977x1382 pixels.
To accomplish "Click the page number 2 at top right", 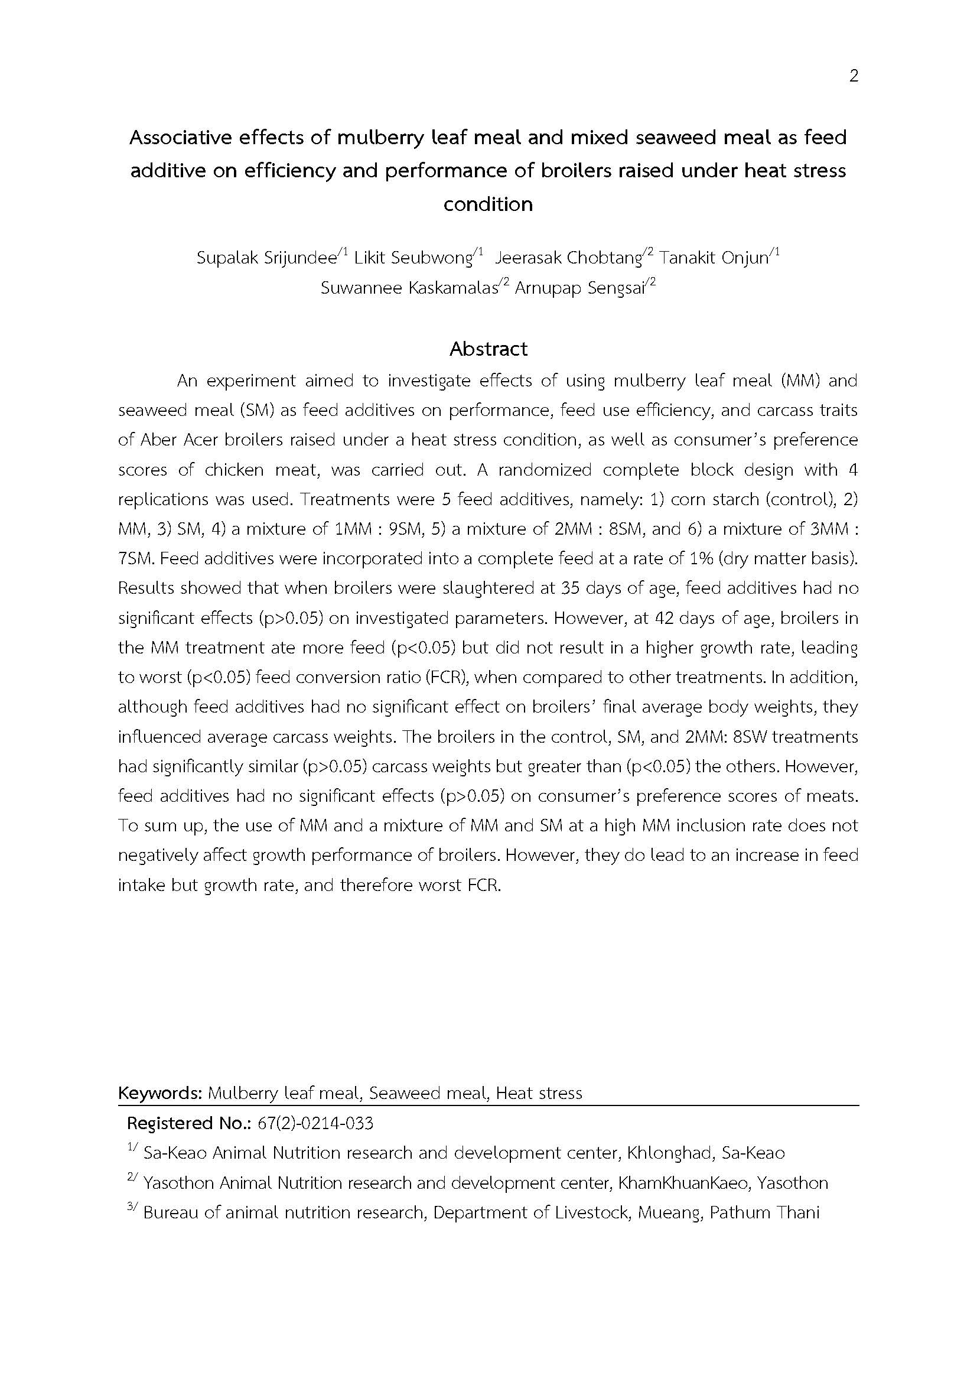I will pos(853,76).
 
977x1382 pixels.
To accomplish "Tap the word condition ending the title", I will pos(488,204).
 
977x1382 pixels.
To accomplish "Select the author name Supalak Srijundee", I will pos(266,258).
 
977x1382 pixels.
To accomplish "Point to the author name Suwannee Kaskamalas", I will pos(409,288).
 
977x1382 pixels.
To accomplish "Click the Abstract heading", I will pos(488,349).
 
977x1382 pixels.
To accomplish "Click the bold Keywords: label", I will pos(159,1093).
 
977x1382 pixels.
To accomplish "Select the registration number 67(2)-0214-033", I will pos(315,1123).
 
